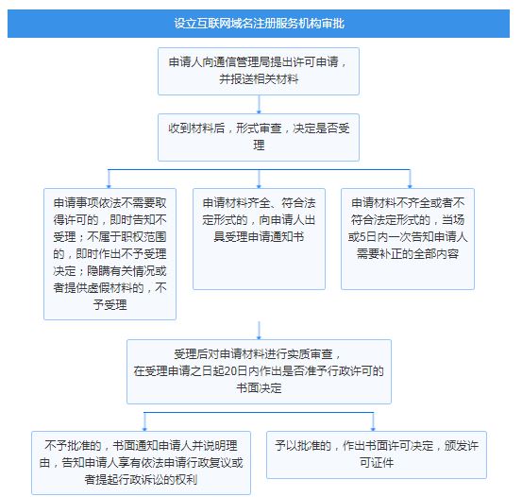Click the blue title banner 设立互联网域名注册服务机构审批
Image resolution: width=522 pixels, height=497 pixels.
coord(259,24)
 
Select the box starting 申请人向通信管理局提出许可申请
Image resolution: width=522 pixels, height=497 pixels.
coord(259,71)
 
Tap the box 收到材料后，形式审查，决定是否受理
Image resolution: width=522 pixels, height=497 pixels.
coord(259,137)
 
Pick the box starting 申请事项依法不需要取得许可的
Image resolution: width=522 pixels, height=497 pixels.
coord(109,254)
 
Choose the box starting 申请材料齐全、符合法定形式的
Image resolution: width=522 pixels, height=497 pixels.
coord(259,239)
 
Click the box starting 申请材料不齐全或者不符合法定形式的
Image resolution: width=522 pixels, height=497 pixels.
coord(408,239)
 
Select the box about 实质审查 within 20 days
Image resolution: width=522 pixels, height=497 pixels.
coord(259,371)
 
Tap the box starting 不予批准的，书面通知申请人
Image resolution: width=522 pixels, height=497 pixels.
coord(142,463)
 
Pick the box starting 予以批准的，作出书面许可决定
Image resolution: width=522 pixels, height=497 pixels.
coord(377,454)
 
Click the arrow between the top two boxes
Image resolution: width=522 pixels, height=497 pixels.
coord(259,104)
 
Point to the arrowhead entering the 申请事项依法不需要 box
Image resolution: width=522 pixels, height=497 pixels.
coord(109,186)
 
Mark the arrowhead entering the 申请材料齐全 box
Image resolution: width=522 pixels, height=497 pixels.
coord(259,186)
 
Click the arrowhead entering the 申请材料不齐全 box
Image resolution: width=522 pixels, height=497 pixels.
coord(410,186)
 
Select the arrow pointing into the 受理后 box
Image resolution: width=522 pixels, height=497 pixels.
coord(259,331)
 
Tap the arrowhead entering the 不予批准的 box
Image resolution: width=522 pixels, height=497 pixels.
coord(144,428)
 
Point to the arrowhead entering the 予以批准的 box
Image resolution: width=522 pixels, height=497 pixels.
coord(373,428)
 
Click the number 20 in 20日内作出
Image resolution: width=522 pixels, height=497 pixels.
coord(229,371)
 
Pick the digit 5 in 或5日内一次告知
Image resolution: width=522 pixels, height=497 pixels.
coord(362,237)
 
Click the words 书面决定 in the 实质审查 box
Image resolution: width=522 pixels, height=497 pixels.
coord(259,388)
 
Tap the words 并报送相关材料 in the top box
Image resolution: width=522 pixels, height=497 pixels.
coord(259,79)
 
